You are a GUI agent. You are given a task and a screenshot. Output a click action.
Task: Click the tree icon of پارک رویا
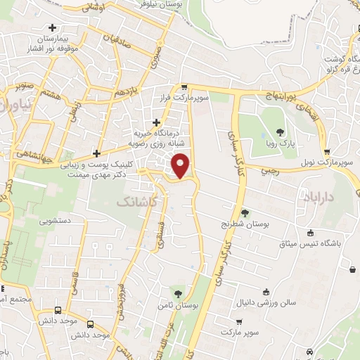click(x=281, y=132)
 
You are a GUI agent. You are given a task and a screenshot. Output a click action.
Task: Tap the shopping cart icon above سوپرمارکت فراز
click(x=184, y=87)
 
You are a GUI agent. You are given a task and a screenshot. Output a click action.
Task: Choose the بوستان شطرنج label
click(x=245, y=224)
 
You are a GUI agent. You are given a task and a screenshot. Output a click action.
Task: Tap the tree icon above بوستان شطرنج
click(x=244, y=212)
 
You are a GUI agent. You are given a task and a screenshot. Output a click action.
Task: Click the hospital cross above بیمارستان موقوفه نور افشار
click(x=51, y=27)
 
